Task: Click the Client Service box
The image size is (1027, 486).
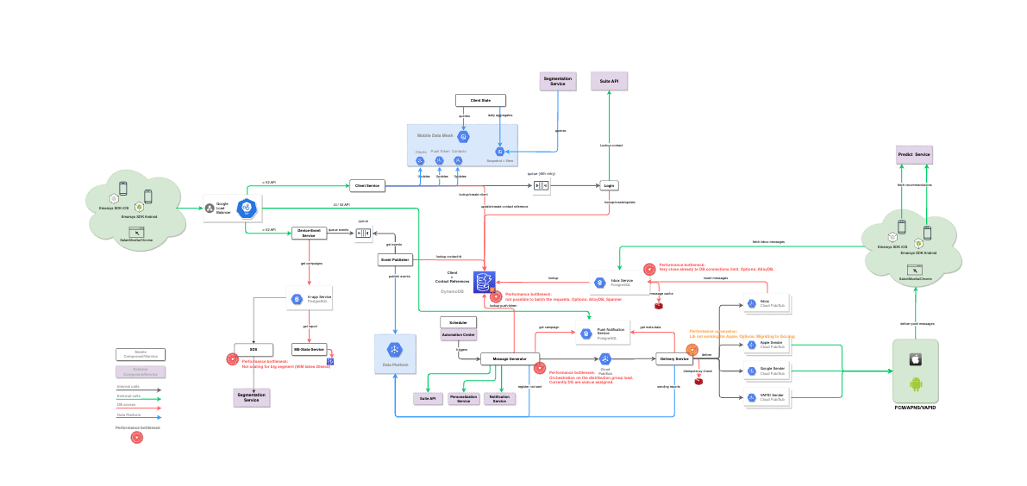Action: click(x=367, y=185)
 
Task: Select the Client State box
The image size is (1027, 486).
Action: click(x=480, y=101)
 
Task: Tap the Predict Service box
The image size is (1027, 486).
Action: click(x=914, y=154)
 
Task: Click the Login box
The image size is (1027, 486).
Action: click(x=610, y=185)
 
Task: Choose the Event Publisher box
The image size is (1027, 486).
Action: click(x=394, y=259)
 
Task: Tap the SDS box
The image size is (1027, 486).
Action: click(x=254, y=349)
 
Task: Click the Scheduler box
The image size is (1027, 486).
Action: click(x=459, y=322)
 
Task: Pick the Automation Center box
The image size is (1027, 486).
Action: click(x=459, y=335)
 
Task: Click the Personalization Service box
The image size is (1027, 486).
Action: click(x=464, y=399)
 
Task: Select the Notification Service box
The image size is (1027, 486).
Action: click(x=498, y=399)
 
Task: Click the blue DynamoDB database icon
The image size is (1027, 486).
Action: click(x=489, y=281)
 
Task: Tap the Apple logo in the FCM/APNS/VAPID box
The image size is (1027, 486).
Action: click(x=917, y=358)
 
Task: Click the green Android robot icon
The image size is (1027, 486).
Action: click(x=917, y=384)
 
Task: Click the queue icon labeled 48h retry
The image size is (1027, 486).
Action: click(x=541, y=185)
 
